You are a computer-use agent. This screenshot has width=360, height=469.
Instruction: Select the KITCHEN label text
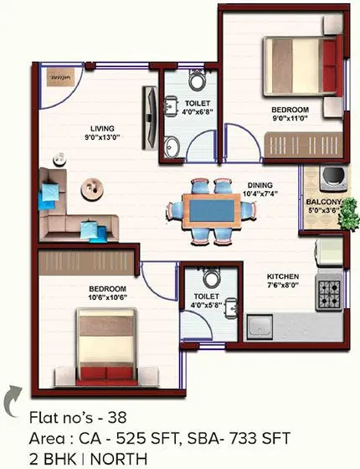pyautogui.click(x=283, y=276)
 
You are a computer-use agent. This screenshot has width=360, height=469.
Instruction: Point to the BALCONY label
pyautogui.click(x=323, y=202)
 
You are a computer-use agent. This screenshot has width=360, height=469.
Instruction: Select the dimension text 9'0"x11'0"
pyautogui.click(x=290, y=120)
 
